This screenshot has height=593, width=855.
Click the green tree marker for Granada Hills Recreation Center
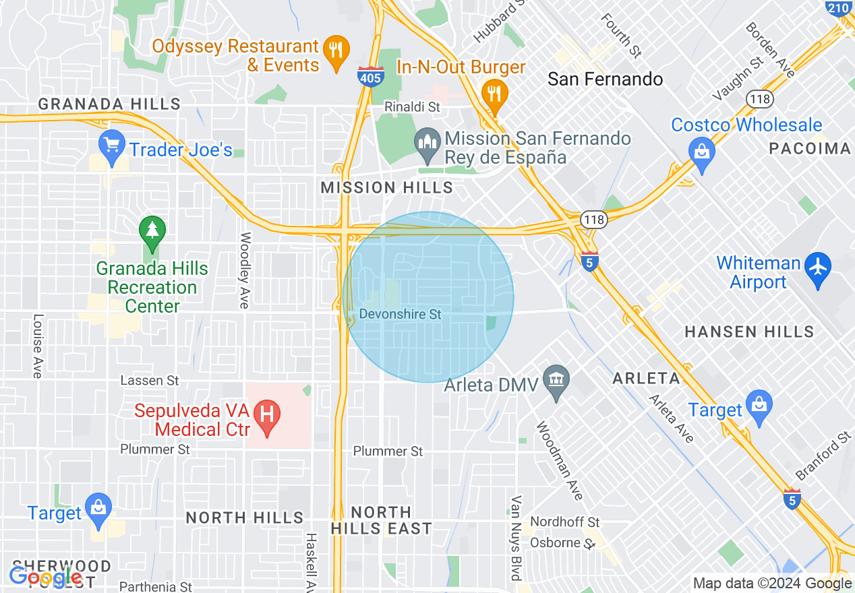tap(152, 231)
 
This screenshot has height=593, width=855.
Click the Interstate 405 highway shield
tap(371, 76)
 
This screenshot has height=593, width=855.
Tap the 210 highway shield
tap(838, 9)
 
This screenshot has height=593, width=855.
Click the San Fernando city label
tap(605, 80)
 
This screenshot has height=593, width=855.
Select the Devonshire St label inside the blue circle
tap(401, 315)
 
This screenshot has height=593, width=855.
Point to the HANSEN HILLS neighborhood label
tap(749, 332)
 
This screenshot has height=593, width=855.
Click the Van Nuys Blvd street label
tap(517, 538)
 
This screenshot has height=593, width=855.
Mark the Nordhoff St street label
tap(564, 522)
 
